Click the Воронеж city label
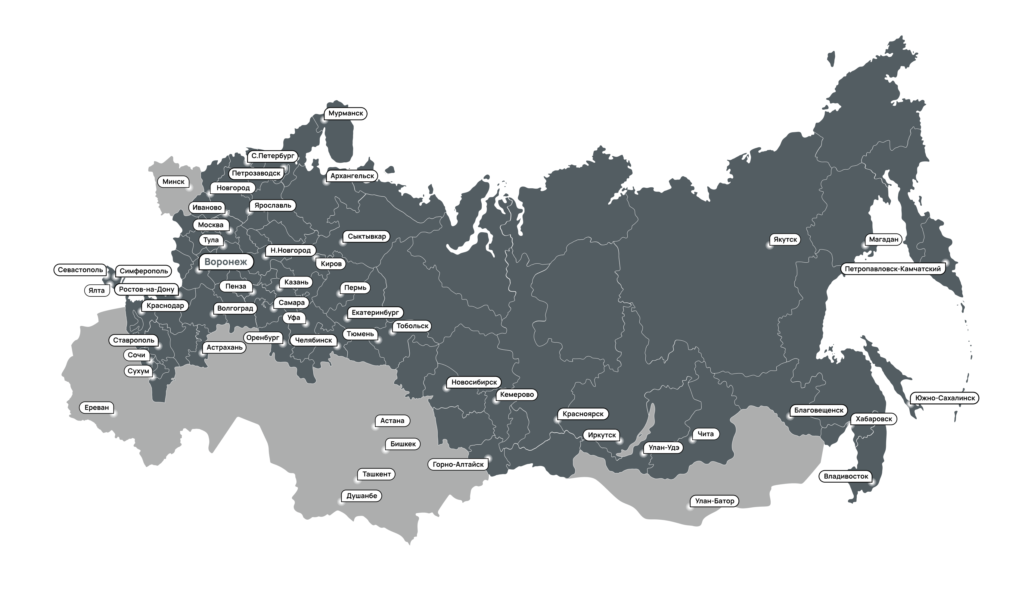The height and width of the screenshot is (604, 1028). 225,262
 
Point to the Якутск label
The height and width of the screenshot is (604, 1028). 785,239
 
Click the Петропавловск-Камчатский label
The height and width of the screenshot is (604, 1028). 893,269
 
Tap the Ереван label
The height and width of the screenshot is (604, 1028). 97,407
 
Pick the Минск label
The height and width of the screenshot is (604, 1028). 173,182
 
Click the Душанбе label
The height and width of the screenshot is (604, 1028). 362,496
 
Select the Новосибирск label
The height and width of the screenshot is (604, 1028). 474,382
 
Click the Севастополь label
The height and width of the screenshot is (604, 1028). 80,270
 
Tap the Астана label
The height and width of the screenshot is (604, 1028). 392,421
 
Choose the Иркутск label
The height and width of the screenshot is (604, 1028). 602,435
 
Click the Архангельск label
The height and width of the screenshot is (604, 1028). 352,176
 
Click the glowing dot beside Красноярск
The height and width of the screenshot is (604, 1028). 557,420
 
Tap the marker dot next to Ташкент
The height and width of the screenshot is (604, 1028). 356,480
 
